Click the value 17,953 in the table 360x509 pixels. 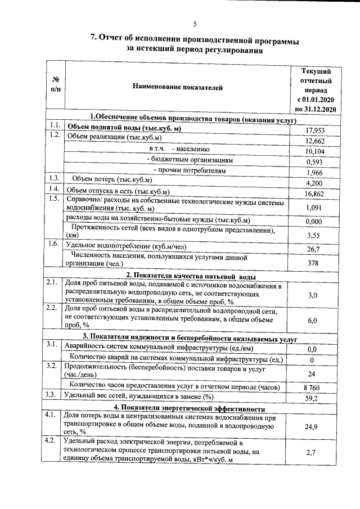click(x=316, y=130)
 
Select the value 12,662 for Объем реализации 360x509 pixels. click(x=316, y=141)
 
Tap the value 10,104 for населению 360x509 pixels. click(x=316, y=151)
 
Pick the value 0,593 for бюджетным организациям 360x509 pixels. click(x=316, y=161)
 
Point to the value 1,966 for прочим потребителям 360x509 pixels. click(x=316, y=172)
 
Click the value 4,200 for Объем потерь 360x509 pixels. click(x=316, y=183)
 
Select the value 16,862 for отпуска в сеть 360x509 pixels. click(x=316, y=193)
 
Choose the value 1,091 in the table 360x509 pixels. click(x=316, y=207)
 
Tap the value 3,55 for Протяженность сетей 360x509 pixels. click(x=316, y=235)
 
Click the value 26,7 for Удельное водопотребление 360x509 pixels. click(x=316, y=249)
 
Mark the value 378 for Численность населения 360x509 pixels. click(x=316, y=263)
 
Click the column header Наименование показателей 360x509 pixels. click(x=178, y=87)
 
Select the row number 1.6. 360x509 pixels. click(x=54, y=244)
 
